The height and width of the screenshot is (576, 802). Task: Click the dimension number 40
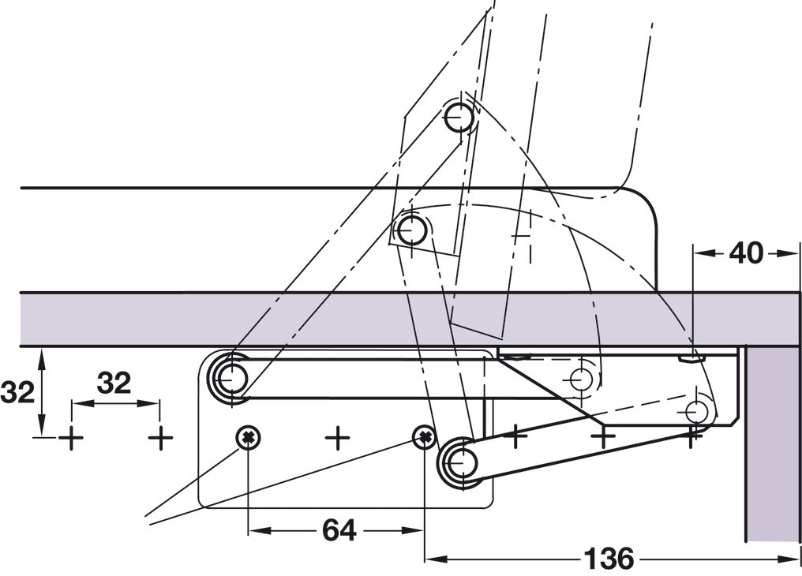pyautogui.click(x=746, y=253)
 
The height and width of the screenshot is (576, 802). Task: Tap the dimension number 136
pyautogui.click(x=609, y=559)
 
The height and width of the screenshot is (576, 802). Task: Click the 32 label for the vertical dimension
pyautogui.click(x=17, y=392)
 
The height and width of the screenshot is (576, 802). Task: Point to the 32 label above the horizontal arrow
pyautogui.click(x=114, y=383)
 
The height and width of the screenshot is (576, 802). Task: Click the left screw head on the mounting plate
pyautogui.click(x=249, y=436)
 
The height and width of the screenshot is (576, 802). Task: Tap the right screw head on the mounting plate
pyautogui.click(x=425, y=436)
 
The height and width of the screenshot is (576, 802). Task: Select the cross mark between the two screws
pyautogui.click(x=337, y=437)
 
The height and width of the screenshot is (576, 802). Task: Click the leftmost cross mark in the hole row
pyautogui.click(x=71, y=437)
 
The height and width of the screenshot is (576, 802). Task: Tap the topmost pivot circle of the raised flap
pyautogui.click(x=459, y=118)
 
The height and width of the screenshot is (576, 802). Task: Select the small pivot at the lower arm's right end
pyautogui.click(x=696, y=411)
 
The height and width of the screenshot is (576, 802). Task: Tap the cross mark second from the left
pyautogui.click(x=160, y=437)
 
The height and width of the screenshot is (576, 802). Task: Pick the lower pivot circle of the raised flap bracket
pyautogui.click(x=411, y=231)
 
